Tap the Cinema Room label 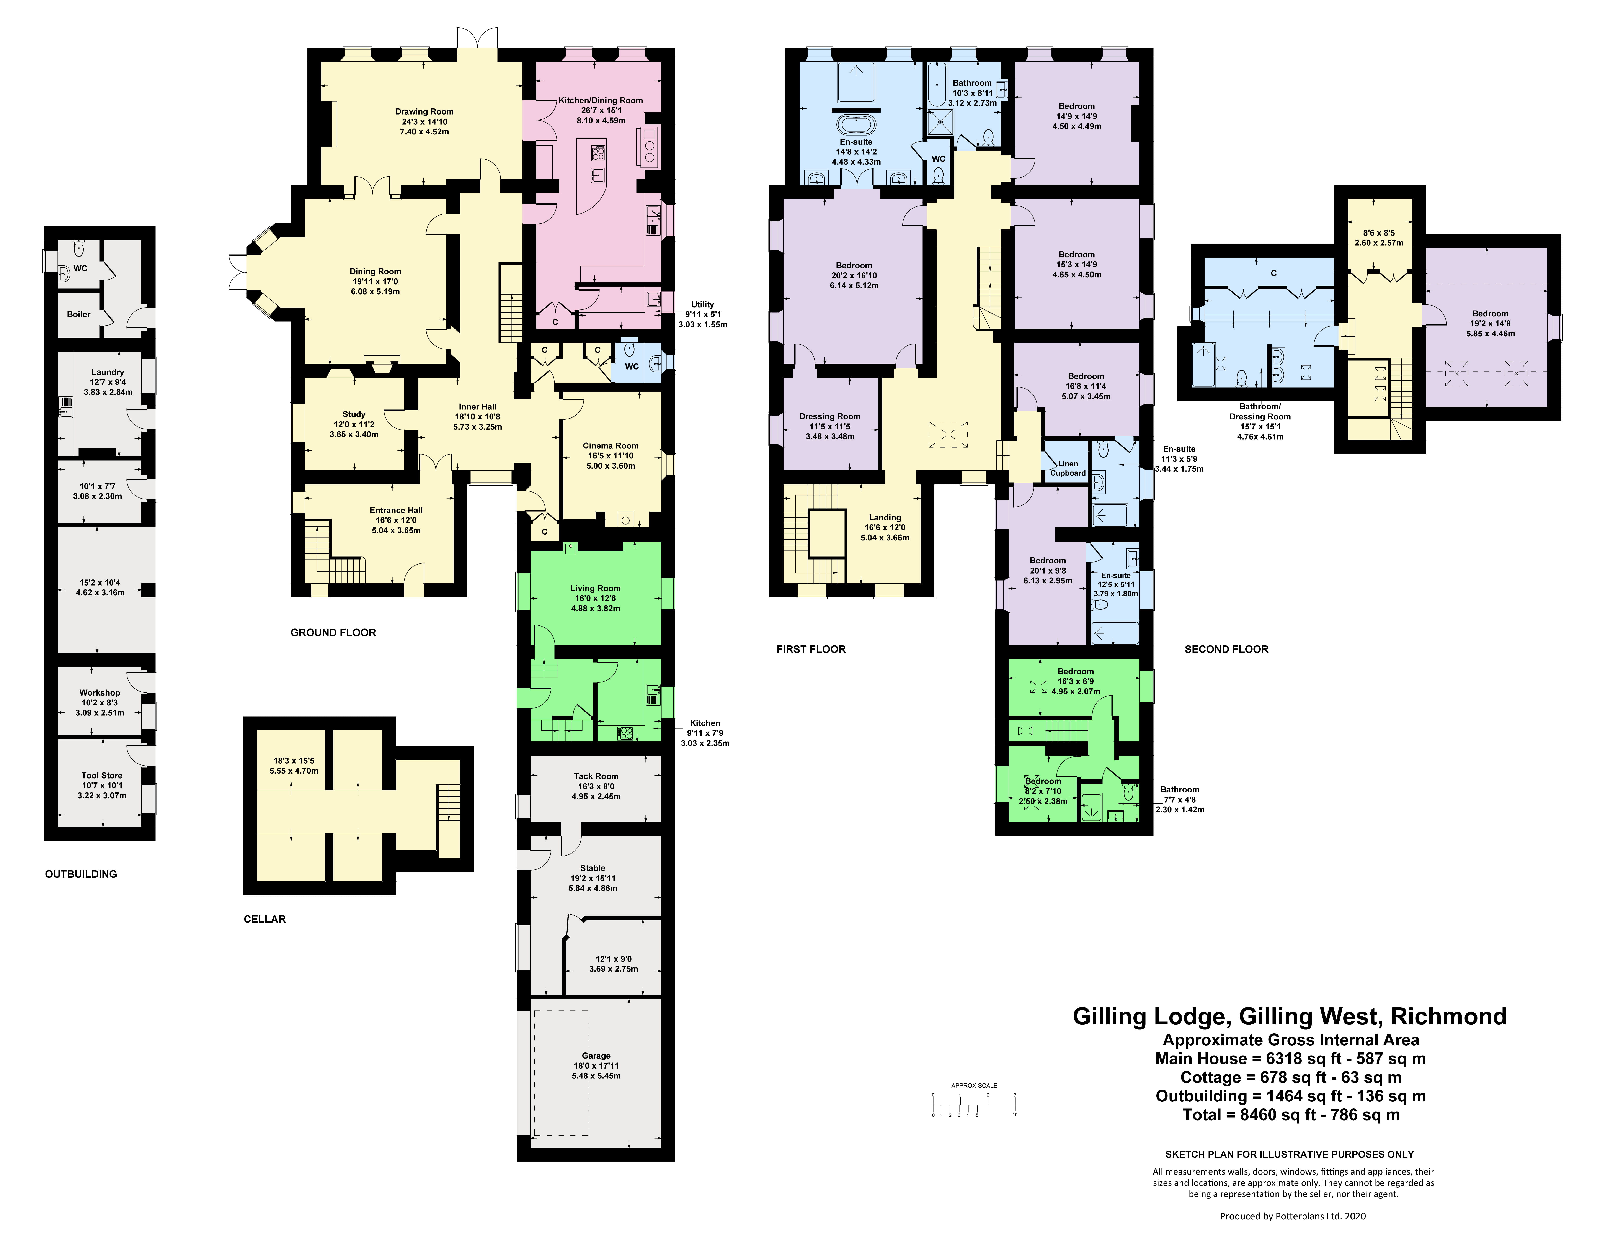tap(610, 445)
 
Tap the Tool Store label tap(102, 775)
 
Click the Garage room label tap(596, 1056)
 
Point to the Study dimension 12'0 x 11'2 tap(354, 424)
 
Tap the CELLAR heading tap(264, 919)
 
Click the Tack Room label tap(596, 776)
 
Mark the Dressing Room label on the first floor tap(829, 416)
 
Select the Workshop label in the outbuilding tap(100, 692)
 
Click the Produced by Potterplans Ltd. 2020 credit tap(1292, 1216)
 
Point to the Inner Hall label tap(478, 407)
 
